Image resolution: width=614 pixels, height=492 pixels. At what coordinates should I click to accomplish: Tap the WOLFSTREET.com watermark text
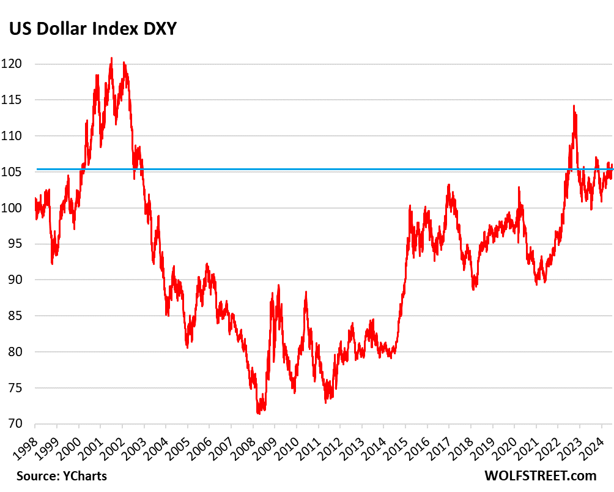[x=540, y=475]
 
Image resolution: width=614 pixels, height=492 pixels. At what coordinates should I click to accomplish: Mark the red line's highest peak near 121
[x=111, y=58]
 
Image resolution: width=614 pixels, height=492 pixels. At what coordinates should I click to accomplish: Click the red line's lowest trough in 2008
[x=258, y=414]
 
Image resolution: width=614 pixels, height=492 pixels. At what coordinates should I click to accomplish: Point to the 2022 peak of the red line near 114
[x=574, y=105]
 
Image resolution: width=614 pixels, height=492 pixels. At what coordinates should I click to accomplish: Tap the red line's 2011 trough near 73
[x=326, y=401]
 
